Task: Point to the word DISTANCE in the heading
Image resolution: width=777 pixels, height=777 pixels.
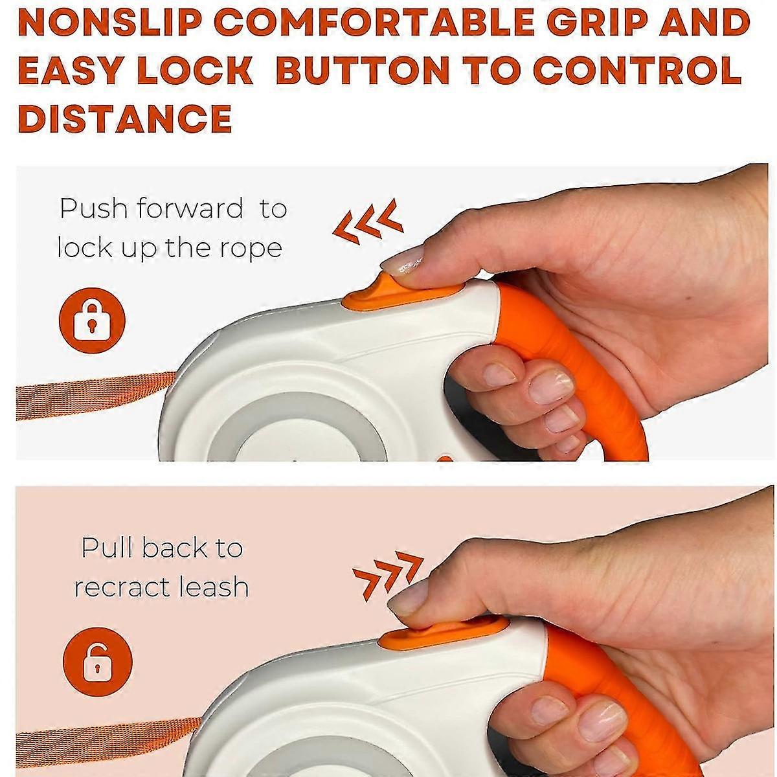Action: coord(125,118)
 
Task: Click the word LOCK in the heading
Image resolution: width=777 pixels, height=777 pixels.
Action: coord(195,70)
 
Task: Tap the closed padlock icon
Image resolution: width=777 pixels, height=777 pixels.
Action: coord(93,321)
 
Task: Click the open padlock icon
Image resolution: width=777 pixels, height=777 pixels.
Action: coord(98,662)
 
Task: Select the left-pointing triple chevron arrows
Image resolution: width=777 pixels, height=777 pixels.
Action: coord(368,223)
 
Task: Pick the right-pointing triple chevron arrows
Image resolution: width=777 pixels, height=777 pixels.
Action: coord(388,574)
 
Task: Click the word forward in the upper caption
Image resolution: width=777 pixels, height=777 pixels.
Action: coord(190,208)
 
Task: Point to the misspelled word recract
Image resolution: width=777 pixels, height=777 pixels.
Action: coord(121,587)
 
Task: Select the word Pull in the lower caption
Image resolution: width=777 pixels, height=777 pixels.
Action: coord(107,548)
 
